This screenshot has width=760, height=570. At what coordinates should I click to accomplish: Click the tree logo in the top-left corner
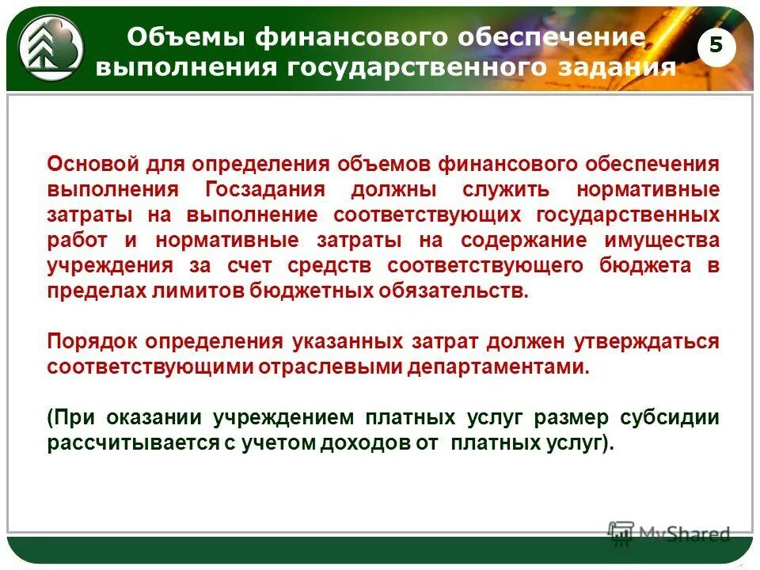(50, 46)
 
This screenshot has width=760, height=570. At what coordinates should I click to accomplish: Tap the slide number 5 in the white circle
(716, 46)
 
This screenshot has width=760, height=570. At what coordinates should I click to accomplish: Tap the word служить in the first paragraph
(507, 190)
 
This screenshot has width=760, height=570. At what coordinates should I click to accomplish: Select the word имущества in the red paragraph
(664, 240)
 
